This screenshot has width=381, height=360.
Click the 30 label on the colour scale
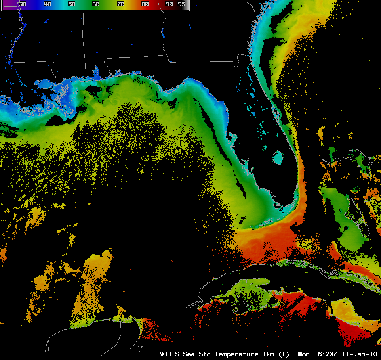[x=23, y=4]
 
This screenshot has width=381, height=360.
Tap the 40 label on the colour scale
[x=47, y=4]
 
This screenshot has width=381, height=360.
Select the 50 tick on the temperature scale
[x=72, y=4]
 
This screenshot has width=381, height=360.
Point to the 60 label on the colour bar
[x=96, y=4]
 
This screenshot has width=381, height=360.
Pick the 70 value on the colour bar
[x=120, y=4]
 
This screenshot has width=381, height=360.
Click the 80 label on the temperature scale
[x=145, y=4]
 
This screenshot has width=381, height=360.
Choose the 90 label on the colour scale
[x=169, y=4]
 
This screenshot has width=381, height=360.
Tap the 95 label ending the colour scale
[x=181, y=4]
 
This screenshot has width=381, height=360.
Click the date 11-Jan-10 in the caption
[x=360, y=354]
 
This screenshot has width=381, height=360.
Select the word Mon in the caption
[x=304, y=354]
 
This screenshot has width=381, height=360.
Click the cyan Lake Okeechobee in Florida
[x=278, y=158]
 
